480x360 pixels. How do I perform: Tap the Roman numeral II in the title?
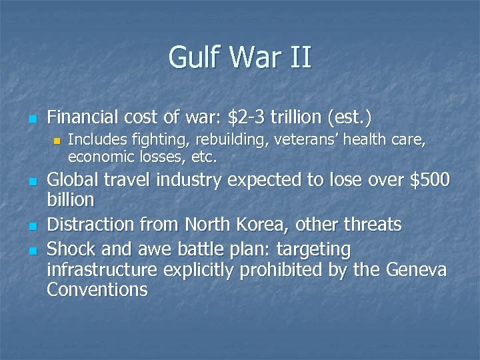coord(300,57)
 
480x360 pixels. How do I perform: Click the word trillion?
coord(297,118)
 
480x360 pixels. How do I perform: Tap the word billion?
coord(71,199)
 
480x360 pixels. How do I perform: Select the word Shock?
coord(71,249)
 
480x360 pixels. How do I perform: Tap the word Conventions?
coord(97,289)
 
